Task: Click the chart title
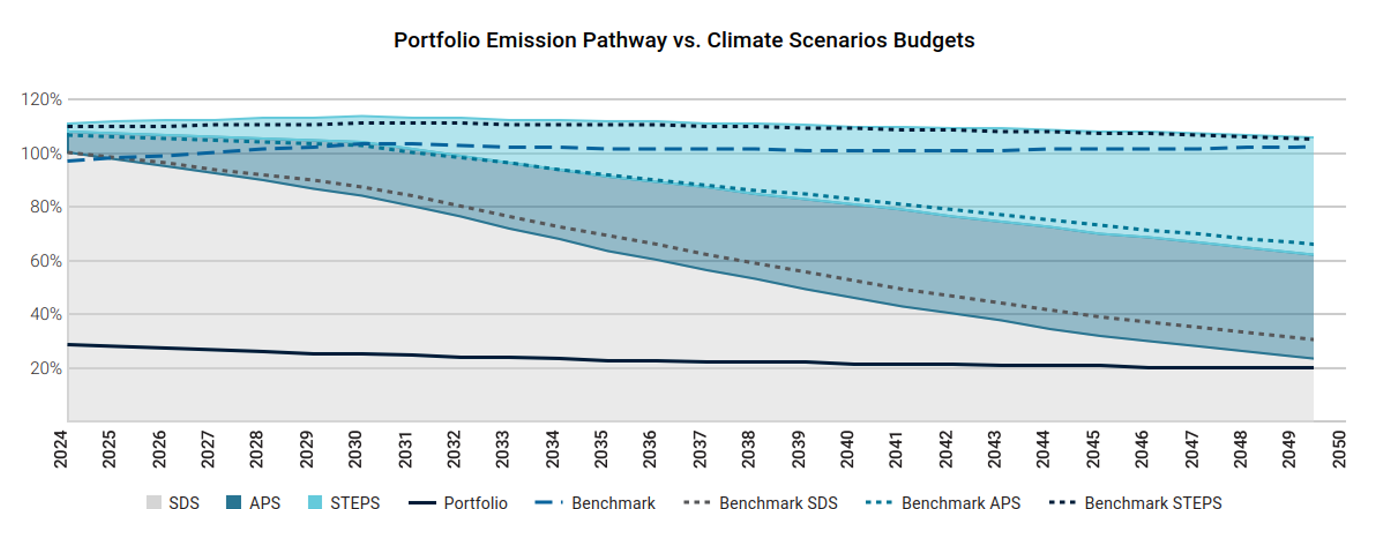click(684, 41)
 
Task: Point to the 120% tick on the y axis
click(41, 100)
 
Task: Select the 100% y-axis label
click(41, 154)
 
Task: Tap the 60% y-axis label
click(45, 262)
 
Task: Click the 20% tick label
click(45, 369)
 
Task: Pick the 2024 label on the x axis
click(61, 449)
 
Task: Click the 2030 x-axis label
click(355, 449)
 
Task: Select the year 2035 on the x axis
click(601, 449)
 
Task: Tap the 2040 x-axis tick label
click(847, 449)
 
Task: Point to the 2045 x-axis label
click(1093, 449)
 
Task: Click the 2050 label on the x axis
click(1339, 449)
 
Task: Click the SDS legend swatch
click(154, 503)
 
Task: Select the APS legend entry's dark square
click(233, 503)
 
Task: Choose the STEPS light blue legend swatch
click(315, 503)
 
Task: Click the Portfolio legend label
click(475, 503)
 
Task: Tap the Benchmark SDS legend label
click(778, 503)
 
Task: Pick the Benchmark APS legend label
click(961, 503)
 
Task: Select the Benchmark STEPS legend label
click(1153, 503)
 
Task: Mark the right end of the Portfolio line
click(1312, 368)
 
